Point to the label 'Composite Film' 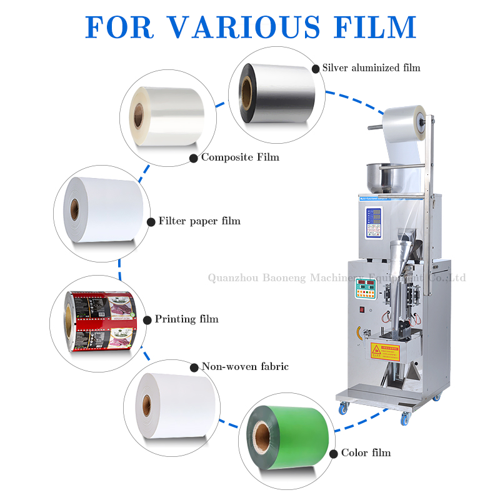click(x=240, y=157)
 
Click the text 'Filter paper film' click(x=199, y=221)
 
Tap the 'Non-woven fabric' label click(x=245, y=367)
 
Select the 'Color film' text click(x=366, y=453)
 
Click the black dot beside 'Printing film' click(x=147, y=320)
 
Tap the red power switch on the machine click(x=361, y=308)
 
